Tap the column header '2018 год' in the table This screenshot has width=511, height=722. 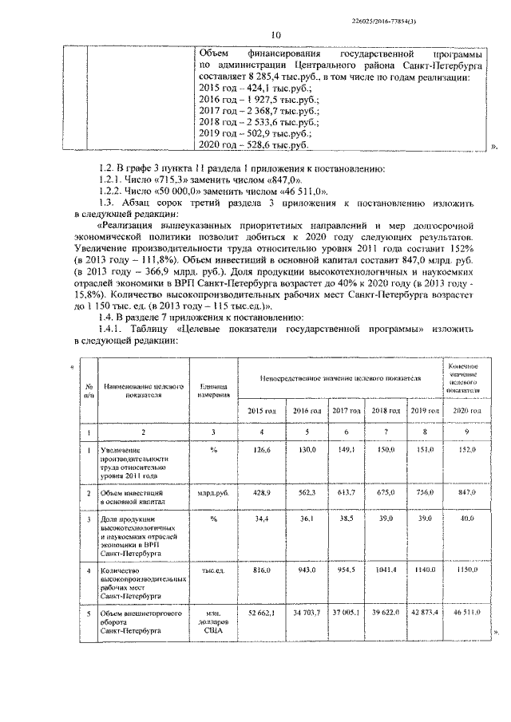[385, 410]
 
